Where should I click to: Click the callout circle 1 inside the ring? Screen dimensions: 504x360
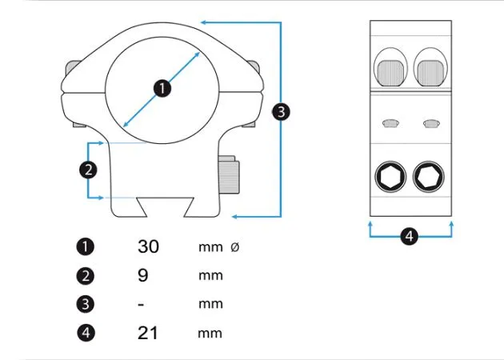[x=162, y=88]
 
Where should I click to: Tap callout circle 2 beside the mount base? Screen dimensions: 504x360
[x=88, y=170]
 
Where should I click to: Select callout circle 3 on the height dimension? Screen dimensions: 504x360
[x=281, y=112]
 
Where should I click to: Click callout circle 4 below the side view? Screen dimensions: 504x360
[x=409, y=236]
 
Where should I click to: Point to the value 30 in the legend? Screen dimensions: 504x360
[x=148, y=246]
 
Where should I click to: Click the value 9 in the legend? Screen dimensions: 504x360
[x=143, y=275]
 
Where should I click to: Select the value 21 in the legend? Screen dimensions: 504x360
[x=148, y=333]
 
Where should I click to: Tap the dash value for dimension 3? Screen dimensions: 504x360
[x=141, y=304]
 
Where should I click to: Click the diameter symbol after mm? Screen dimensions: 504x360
[x=235, y=247]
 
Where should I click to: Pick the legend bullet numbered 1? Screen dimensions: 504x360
[x=85, y=247]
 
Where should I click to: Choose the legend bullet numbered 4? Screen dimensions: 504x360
[x=86, y=332]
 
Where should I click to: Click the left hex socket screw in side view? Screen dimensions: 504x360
[x=390, y=177]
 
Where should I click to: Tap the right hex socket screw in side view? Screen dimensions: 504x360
[x=429, y=177]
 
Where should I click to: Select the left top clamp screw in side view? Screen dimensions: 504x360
[x=390, y=73]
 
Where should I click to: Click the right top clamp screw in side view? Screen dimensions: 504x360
[x=430, y=73]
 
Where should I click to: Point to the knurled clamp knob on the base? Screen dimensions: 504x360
[x=229, y=175]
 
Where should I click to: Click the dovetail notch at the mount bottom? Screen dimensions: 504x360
[x=166, y=207]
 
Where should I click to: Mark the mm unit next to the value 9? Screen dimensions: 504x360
[x=210, y=276]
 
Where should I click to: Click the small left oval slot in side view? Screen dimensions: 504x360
[x=390, y=123]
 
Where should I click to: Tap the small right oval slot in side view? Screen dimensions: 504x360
[x=431, y=123]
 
